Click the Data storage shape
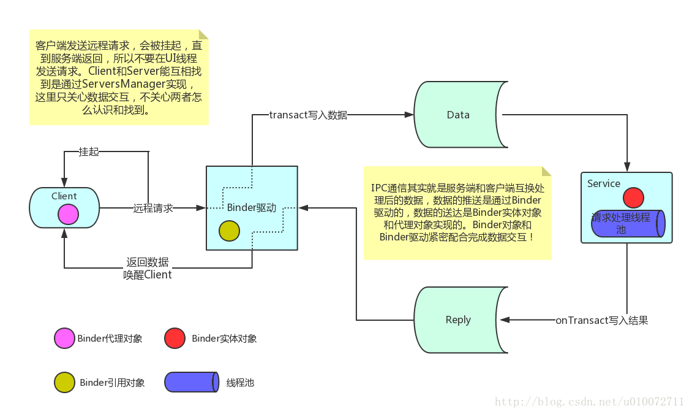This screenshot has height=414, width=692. [459, 115]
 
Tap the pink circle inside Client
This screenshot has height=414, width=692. [68, 214]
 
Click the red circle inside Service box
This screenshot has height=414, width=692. [633, 198]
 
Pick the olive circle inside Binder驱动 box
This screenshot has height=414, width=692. [229, 231]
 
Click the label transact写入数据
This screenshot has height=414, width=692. [308, 115]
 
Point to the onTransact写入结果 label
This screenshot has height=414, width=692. [601, 320]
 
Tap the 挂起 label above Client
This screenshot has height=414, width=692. [89, 151]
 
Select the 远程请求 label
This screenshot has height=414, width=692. [153, 209]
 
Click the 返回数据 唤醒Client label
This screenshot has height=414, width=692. [147, 268]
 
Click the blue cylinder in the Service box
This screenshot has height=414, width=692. [628, 223]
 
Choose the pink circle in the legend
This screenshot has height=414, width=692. [64, 339]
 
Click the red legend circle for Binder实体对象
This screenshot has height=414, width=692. [175, 339]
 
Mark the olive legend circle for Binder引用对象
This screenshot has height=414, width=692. [64, 382]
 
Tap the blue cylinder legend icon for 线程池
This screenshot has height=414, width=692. [191, 382]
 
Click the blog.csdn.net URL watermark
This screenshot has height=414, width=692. [589, 402]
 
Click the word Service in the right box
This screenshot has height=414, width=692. [603, 183]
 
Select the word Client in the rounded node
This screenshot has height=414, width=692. [64, 196]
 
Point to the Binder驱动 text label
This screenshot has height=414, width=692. [252, 207]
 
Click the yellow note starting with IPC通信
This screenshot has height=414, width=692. [457, 213]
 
